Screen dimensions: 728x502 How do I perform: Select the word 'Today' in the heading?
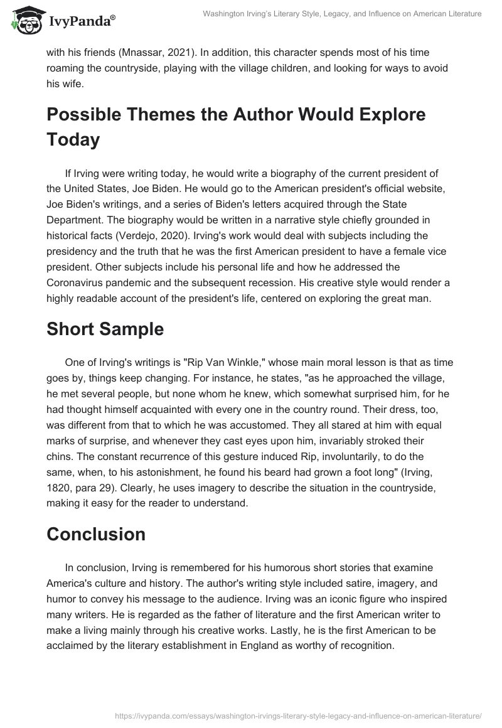(73, 139)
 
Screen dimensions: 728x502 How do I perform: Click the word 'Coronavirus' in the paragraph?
(77, 282)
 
